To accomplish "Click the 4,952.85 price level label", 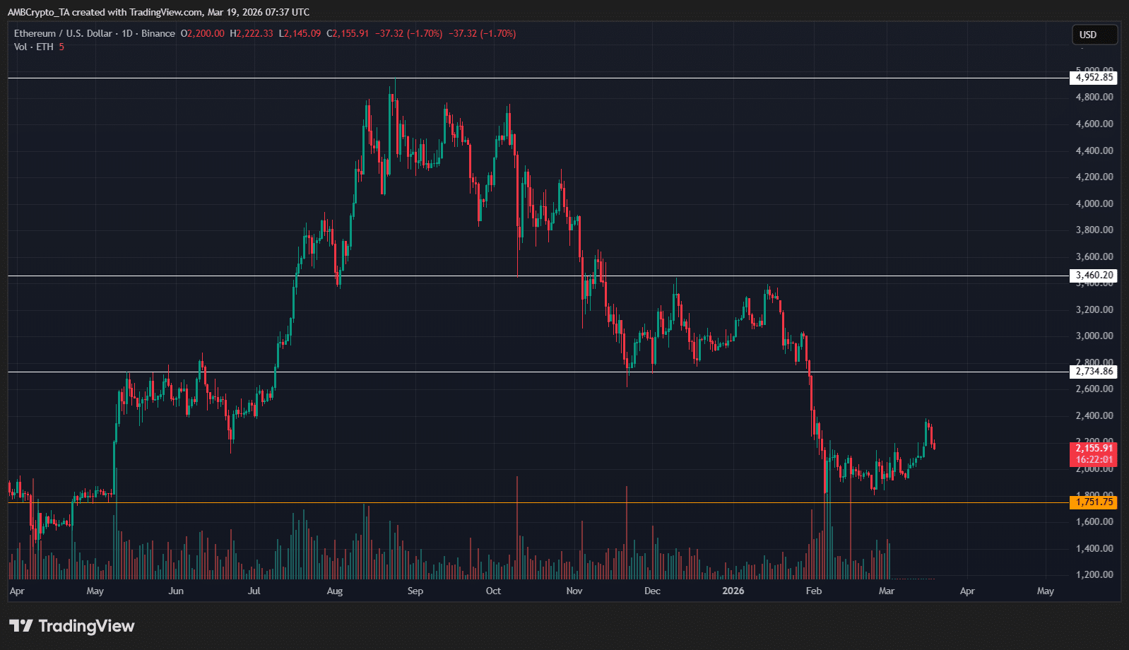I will pyautogui.click(x=1094, y=78).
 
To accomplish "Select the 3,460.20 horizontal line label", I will pyautogui.click(x=1094, y=276).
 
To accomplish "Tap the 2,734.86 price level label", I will pyautogui.click(x=1094, y=372).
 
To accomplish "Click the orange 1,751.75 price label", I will pyautogui.click(x=1094, y=502).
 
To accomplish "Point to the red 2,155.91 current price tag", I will pyautogui.click(x=1094, y=448).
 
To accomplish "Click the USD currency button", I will pyautogui.click(x=1088, y=35).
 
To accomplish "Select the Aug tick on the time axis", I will pyautogui.click(x=335, y=591).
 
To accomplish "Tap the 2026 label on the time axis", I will pyautogui.click(x=733, y=591).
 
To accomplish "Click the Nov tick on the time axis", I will pyautogui.click(x=574, y=591).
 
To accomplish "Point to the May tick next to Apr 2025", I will pyautogui.click(x=95, y=591).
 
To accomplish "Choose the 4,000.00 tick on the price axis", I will pyautogui.click(x=1094, y=203).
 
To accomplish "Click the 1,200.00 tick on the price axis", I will pyautogui.click(x=1094, y=574).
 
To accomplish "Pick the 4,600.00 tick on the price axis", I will pyautogui.click(x=1094, y=124).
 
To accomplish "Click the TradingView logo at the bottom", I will pyautogui.click(x=72, y=626).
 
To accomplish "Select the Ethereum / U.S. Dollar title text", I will pyautogui.click(x=63, y=33).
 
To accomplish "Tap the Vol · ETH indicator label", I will pyautogui.click(x=33, y=47).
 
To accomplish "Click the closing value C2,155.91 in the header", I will pyautogui.click(x=348, y=33).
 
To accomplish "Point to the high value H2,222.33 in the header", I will pyautogui.click(x=252, y=33).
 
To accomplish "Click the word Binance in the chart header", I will pyautogui.click(x=158, y=33).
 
